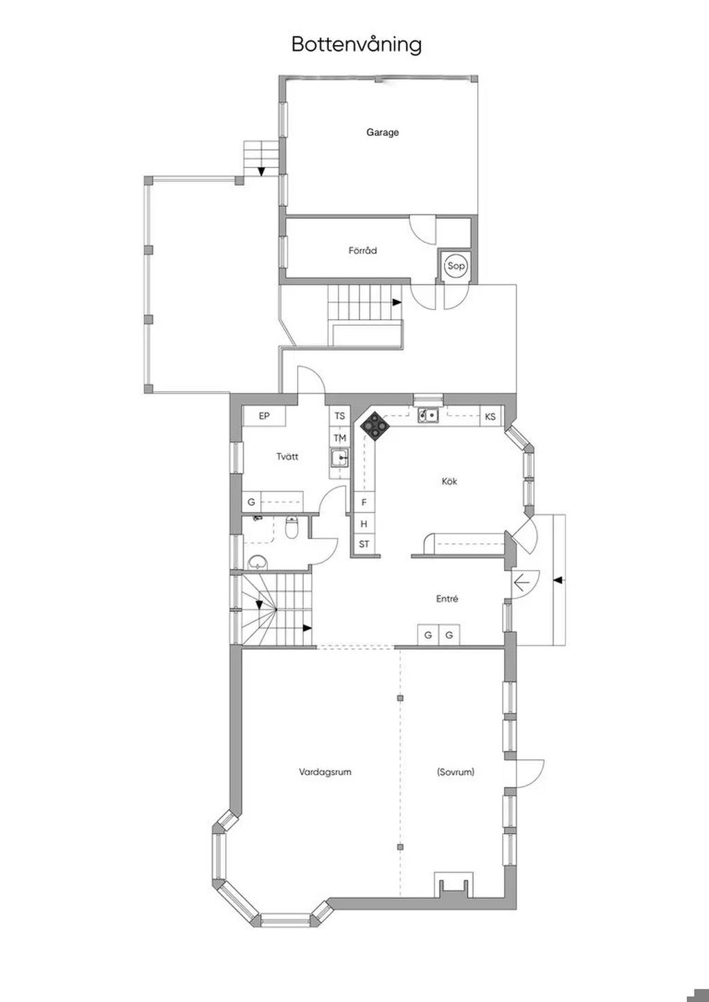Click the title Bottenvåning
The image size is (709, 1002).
[x=357, y=45]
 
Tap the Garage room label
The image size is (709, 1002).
[x=382, y=132]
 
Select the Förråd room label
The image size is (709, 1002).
[x=363, y=250]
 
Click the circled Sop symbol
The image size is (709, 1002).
[x=456, y=266]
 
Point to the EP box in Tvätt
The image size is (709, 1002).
[x=264, y=416]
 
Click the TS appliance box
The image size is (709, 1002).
[x=340, y=416]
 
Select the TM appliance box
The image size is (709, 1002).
[x=340, y=438]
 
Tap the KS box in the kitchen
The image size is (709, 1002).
[x=491, y=417]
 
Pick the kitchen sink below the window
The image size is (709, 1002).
[x=429, y=416]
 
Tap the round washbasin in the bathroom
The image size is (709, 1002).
[x=257, y=563]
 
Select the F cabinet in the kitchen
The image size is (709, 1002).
[x=364, y=502]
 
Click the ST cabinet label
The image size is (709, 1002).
[x=364, y=544]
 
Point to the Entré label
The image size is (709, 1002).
[x=447, y=599]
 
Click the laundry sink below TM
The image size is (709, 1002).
[x=340, y=459]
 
